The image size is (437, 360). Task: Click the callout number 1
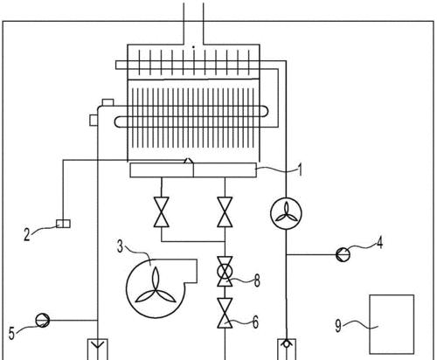(x=300, y=170)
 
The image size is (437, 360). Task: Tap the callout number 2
(x=27, y=234)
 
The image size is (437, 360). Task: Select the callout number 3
(x=121, y=246)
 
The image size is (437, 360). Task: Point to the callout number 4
(x=379, y=243)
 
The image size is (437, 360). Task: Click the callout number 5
(x=11, y=333)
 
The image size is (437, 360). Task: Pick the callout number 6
(x=255, y=322)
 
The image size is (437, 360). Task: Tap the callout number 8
(x=257, y=280)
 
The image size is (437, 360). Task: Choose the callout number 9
(x=338, y=325)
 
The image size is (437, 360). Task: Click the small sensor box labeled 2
(x=63, y=224)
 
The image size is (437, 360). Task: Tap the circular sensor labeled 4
(x=343, y=254)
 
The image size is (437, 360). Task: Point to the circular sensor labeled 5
(x=43, y=321)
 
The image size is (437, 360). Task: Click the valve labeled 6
(x=225, y=313)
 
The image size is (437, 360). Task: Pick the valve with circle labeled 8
(x=225, y=272)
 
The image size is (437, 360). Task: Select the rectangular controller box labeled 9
(x=392, y=324)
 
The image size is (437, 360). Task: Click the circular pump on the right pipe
(x=286, y=213)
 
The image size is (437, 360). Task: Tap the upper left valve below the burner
(x=162, y=211)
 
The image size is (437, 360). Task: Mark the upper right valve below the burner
(x=225, y=211)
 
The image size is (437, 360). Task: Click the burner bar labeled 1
(x=193, y=170)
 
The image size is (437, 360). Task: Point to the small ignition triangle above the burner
(x=188, y=161)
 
